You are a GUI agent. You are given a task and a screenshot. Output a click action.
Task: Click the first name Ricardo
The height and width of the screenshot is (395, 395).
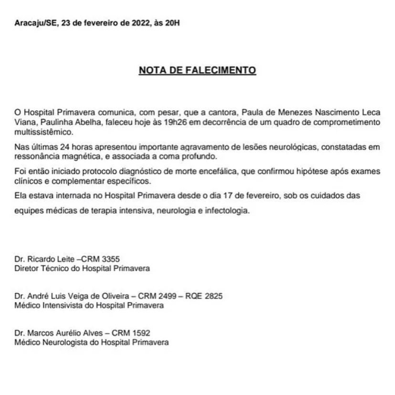[40, 259]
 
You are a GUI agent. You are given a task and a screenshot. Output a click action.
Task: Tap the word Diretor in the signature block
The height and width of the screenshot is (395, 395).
[27, 268]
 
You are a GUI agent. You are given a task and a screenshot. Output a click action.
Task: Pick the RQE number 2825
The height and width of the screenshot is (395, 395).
[213, 296]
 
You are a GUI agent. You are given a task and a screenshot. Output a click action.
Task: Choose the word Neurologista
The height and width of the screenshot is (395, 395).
[64, 342]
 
